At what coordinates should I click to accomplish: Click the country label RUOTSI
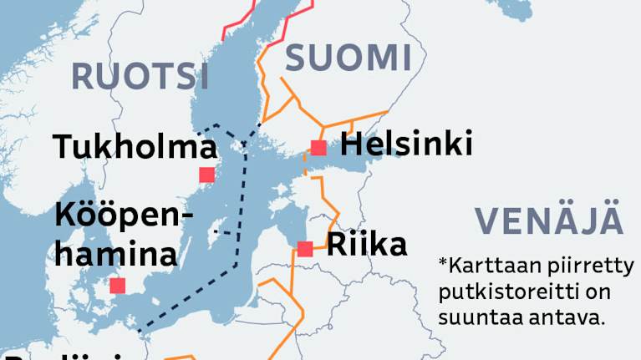pyautogui.click(x=140, y=75)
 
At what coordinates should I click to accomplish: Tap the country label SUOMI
pyautogui.click(x=348, y=58)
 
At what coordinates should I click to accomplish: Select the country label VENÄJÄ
pyautogui.click(x=549, y=220)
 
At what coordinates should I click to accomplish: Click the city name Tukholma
pyautogui.click(x=135, y=147)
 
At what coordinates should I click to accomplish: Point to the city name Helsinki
pyautogui.click(x=406, y=144)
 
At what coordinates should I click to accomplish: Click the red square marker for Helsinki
pyautogui.click(x=318, y=148)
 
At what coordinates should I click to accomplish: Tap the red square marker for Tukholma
pyautogui.click(x=206, y=175)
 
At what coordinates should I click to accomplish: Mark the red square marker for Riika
pyautogui.click(x=305, y=248)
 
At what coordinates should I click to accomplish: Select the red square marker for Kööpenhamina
pyautogui.click(x=118, y=286)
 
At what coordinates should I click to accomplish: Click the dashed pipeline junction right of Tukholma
pyautogui.click(x=245, y=143)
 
